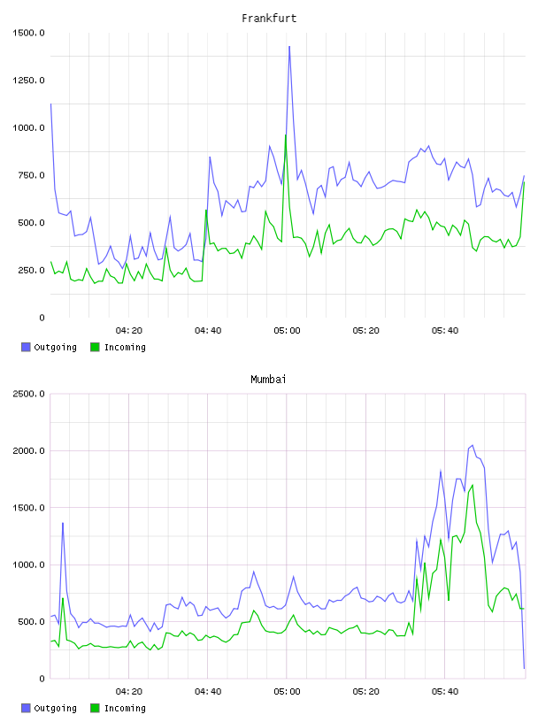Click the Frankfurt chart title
[269, 19]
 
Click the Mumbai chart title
[268, 380]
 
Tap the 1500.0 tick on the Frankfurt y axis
[28, 33]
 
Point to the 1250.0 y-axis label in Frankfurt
[28, 81]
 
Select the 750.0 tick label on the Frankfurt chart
[31, 175]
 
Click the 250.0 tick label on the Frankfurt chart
[31, 270]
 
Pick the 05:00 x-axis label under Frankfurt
[287, 330]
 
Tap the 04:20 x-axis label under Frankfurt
[129, 330]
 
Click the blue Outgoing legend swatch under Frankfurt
[26, 347]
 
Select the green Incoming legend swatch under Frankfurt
[95, 347]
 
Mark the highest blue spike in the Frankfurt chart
[289, 46]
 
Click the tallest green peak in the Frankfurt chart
[286, 134]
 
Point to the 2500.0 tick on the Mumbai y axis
[28, 394]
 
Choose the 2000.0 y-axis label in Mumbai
[28, 450]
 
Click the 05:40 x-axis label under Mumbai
[445, 691]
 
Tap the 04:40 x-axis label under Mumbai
[208, 691]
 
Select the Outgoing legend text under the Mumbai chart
[55, 708]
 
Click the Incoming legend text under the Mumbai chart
[125, 708]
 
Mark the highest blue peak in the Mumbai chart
[473, 445]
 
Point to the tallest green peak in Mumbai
[473, 485]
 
